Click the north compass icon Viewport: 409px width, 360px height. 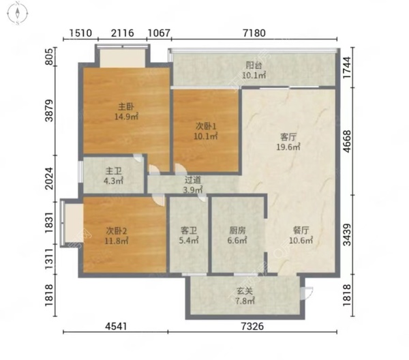click(18, 13)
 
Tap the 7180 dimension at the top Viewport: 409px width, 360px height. click(254, 33)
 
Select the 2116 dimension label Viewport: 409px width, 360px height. click(122, 33)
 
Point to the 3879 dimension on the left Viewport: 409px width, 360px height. click(49, 110)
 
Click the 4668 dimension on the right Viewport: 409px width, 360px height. click(347, 141)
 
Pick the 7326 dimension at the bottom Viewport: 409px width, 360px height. click(252, 326)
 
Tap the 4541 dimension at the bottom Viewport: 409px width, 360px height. click(116, 326)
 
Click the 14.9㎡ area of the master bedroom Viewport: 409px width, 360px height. click(127, 117)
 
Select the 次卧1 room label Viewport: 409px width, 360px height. click(206, 127)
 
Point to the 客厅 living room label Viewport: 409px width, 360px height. click(288, 136)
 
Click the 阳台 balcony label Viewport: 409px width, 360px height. click(254, 65)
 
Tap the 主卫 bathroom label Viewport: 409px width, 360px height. click(113, 171)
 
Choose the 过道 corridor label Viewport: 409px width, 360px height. click(193, 180)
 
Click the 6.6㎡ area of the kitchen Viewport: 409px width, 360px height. click(237, 240)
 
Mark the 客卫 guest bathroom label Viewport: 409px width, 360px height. click(189, 230)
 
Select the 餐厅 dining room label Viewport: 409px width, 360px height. click(301, 230)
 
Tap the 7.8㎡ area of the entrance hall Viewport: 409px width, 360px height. click(245, 301)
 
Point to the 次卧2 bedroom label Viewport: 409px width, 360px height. click(117, 230)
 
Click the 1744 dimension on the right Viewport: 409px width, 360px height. click(347, 67)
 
